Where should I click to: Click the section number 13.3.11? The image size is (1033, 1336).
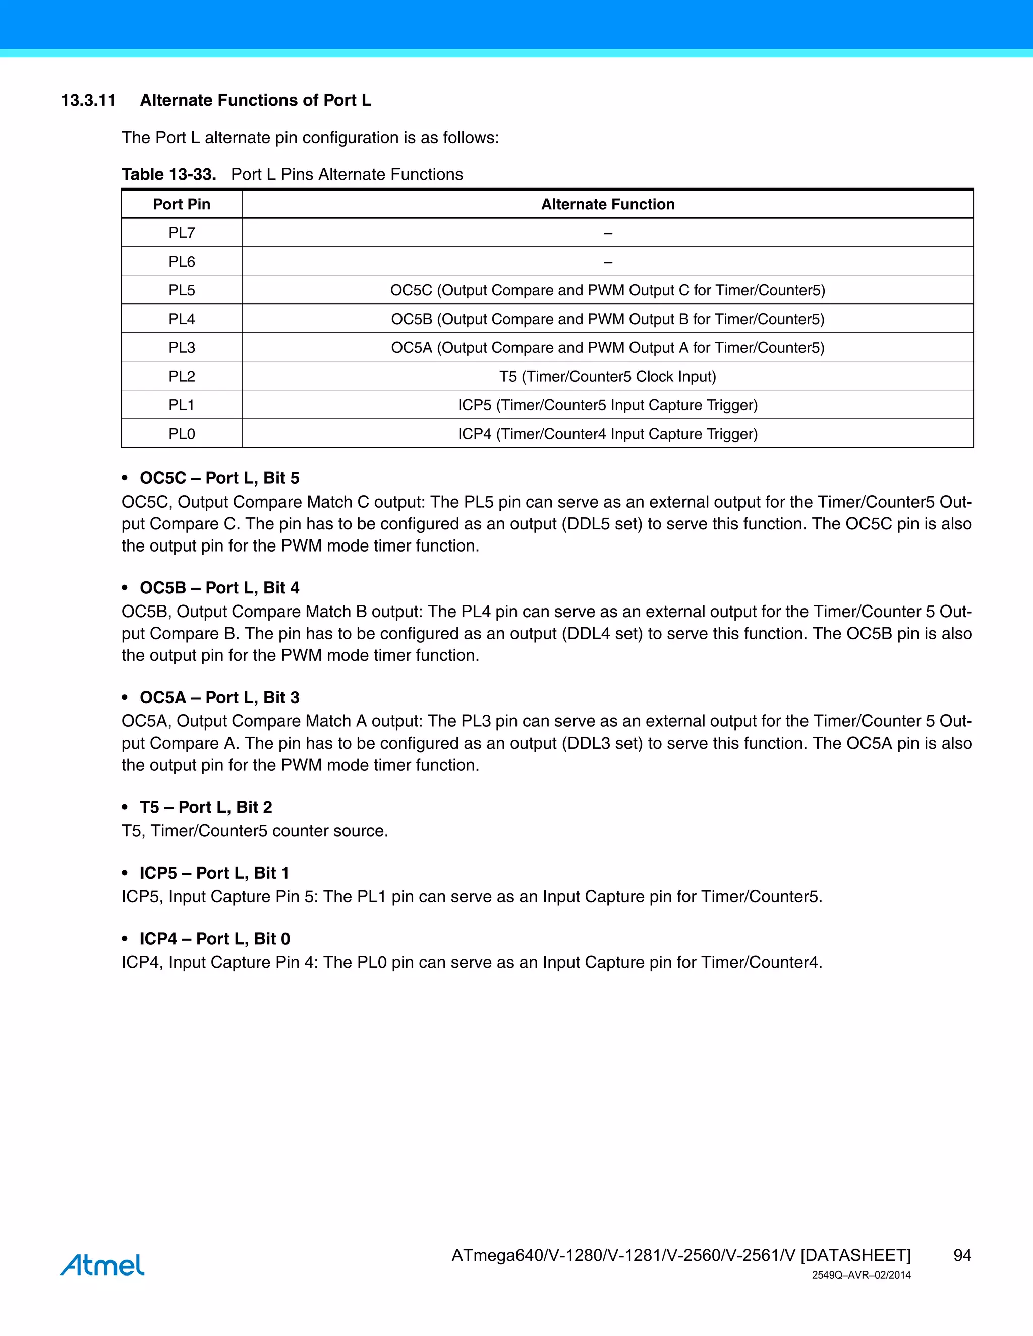[88, 100]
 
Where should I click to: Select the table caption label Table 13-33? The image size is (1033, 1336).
[169, 175]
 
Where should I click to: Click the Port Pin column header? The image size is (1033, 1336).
[181, 204]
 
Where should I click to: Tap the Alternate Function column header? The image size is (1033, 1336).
[607, 204]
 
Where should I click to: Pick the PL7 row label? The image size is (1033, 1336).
[181, 233]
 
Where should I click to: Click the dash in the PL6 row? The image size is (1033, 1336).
[607, 262]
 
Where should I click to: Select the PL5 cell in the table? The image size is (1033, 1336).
[181, 290]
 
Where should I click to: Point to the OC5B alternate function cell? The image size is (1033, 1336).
[607, 319]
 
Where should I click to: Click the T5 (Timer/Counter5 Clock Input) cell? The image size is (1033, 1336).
[607, 376]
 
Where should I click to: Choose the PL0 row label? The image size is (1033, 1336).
[181, 434]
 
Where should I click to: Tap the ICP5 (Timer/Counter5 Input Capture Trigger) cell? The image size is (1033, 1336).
[607, 405]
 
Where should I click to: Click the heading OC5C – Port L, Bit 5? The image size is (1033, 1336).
[219, 478]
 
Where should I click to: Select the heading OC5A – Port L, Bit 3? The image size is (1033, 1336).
[219, 697]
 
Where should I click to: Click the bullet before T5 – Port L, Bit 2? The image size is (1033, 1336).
[125, 808]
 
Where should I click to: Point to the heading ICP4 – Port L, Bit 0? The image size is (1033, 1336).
[214, 939]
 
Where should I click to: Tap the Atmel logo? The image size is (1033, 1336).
[102, 1264]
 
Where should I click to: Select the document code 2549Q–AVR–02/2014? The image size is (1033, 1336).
[861, 1275]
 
